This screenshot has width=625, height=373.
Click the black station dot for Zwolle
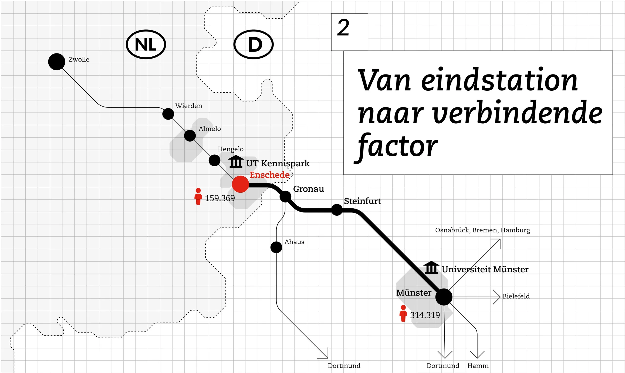tap(57, 62)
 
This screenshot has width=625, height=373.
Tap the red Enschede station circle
tap(240, 184)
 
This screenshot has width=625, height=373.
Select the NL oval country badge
tap(146, 44)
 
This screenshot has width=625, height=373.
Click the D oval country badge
tap(253, 44)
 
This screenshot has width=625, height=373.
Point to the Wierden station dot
tap(168, 114)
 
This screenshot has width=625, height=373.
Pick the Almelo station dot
tap(190, 136)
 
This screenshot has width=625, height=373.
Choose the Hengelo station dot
tap(215, 160)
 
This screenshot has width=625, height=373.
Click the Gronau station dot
tap(285, 196)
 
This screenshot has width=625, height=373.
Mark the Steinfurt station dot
tap(337, 210)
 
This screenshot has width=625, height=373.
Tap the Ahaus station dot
tap(276, 247)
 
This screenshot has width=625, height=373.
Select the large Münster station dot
tap(444, 297)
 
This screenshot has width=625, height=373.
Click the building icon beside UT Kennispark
tap(236, 162)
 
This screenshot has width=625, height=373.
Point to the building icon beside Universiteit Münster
tap(431, 268)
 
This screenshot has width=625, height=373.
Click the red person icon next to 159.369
tap(198, 197)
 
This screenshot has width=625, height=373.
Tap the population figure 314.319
tap(425, 315)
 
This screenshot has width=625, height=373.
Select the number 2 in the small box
tap(343, 27)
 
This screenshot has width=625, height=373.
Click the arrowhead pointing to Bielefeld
tap(497, 297)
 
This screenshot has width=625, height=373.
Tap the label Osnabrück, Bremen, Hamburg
tap(482, 230)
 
